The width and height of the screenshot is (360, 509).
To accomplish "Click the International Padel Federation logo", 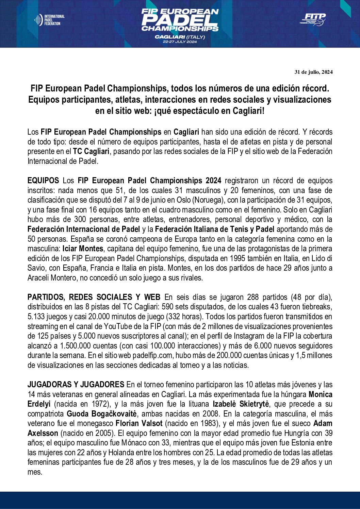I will [x=49, y=20].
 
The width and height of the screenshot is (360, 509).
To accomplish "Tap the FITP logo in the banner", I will [x=313, y=19].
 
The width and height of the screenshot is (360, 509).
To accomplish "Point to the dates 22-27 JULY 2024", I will [x=180, y=42].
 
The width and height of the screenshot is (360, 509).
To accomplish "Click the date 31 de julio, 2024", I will [x=313, y=72].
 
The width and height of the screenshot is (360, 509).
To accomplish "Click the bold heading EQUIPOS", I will [x=43, y=181].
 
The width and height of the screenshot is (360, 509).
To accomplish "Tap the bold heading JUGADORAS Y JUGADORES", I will [x=76, y=385].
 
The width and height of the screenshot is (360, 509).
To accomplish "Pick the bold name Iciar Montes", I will [x=83, y=249].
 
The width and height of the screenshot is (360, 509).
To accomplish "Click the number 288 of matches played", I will [x=253, y=297].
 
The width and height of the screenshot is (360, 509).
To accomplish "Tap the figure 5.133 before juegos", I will [x=38, y=317].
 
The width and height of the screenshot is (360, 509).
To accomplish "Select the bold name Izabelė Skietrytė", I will [x=241, y=404].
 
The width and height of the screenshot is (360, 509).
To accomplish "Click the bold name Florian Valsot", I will [x=139, y=424].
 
